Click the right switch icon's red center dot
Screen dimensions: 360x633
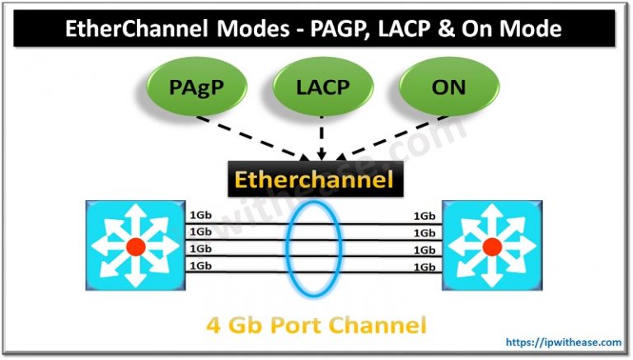click(x=492, y=245)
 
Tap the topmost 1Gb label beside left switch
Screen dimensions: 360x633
click(x=199, y=217)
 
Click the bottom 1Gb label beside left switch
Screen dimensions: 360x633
click(x=199, y=266)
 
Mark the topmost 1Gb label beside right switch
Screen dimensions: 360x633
click(x=424, y=217)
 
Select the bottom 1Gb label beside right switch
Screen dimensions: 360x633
click(x=424, y=266)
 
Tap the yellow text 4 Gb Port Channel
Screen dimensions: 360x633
click(x=316, y=324)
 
